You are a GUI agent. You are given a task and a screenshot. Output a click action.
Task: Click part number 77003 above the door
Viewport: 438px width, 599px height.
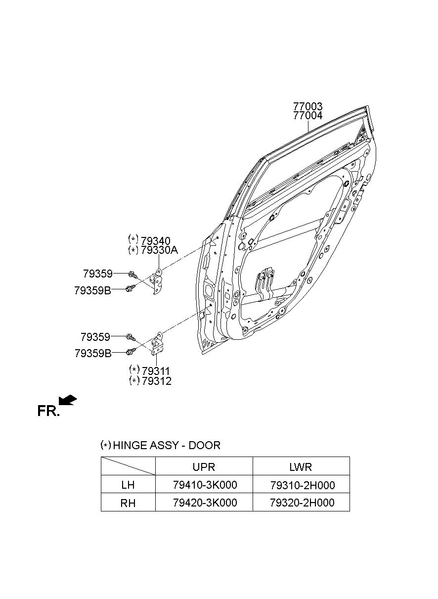[308, 107]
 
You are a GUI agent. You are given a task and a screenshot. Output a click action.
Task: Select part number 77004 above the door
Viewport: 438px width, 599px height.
[308, 116]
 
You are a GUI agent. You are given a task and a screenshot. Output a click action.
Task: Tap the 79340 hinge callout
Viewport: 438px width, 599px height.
[155, 241]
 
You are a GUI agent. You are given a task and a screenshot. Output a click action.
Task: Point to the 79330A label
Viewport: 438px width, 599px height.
[159, 250]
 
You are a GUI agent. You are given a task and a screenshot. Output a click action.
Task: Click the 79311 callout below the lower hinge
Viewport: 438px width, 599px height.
[156, 371]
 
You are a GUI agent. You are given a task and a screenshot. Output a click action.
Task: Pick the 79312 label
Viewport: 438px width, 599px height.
[156, 381]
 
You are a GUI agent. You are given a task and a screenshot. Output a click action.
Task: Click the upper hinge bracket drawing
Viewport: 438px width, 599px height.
[157, 281]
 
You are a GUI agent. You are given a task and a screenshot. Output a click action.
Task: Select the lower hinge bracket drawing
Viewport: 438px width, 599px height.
[157, 344]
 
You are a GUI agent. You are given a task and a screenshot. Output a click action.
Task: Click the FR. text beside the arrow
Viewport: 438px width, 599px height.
[48, 411]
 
